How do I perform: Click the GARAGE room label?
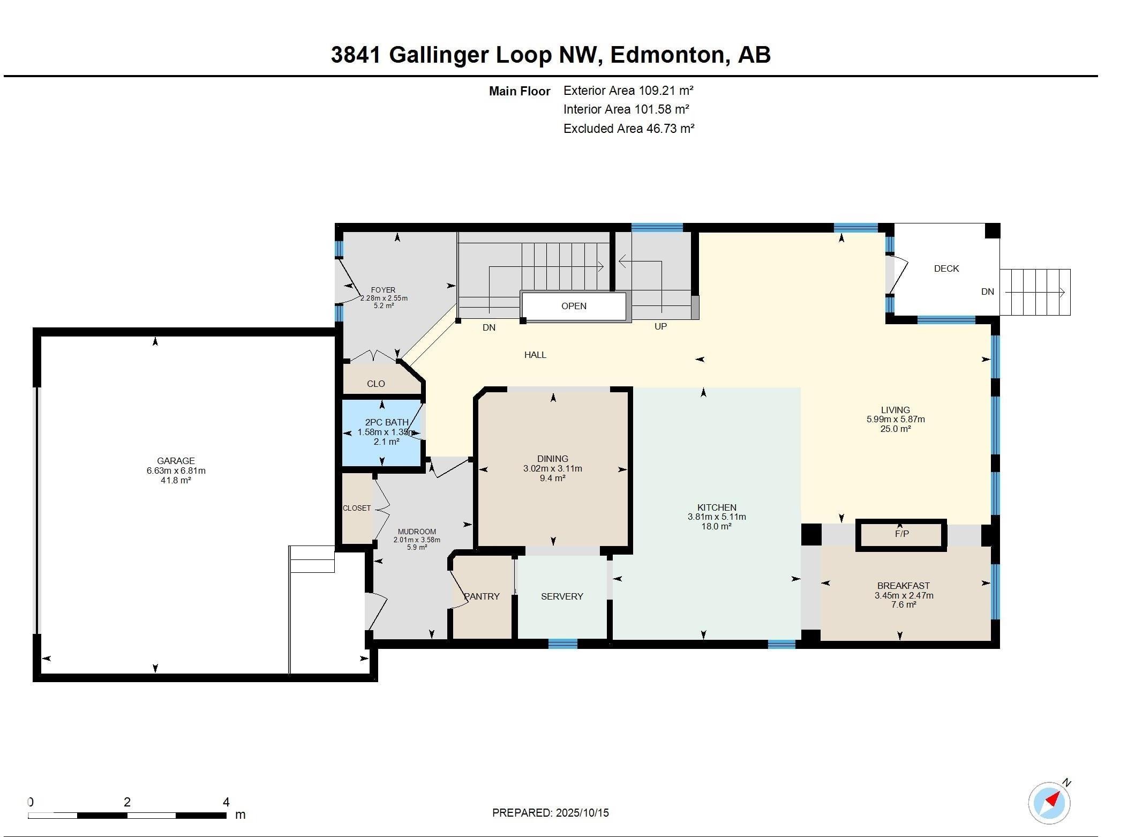(x=176, y=460)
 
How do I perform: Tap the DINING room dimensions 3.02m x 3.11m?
(x=552, y=468)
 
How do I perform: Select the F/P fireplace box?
(x=901, y=534)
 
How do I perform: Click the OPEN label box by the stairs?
(x=574, y=306)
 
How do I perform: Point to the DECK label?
(x=946, y=268)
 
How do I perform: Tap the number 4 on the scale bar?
(x=226, y=802)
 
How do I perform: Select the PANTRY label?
(x=482, y=596)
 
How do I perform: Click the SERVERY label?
(x=562, y=596)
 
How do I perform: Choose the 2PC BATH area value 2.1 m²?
(x=386, y=442)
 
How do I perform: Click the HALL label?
(x=535, y=355)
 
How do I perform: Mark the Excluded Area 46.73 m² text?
(x=628, y=129)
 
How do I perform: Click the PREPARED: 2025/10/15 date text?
(x=550, y=813)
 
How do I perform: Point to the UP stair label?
(x=660, y=326)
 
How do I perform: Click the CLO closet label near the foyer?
(x=375, y=384)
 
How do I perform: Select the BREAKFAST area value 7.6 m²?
(x=904, y=605)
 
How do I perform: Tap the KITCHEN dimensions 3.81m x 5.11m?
(x=717, y=517)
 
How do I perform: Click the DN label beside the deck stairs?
(x=987, y=292)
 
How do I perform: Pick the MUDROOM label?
(x=417, y=532)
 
